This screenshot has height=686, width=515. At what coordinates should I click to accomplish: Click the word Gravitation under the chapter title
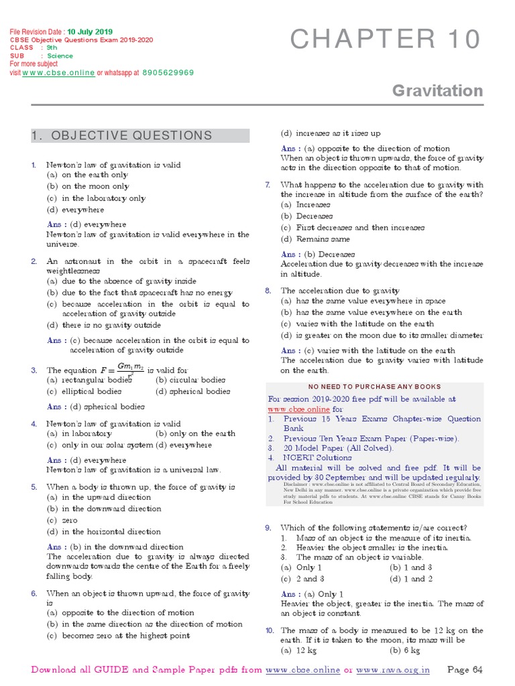(437, 90)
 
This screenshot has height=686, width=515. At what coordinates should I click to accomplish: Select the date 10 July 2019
(90, 32)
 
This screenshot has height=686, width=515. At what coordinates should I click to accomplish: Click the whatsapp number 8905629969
(168, 72)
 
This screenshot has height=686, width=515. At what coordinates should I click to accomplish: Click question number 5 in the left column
(34, 487)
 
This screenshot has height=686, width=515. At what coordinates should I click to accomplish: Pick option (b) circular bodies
(190, 381)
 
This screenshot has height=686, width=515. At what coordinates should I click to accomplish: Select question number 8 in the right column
(268, 291)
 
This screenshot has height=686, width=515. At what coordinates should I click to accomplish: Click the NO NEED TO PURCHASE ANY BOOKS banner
(374, 387)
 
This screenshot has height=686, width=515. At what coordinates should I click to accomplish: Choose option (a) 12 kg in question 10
(299, 650)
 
